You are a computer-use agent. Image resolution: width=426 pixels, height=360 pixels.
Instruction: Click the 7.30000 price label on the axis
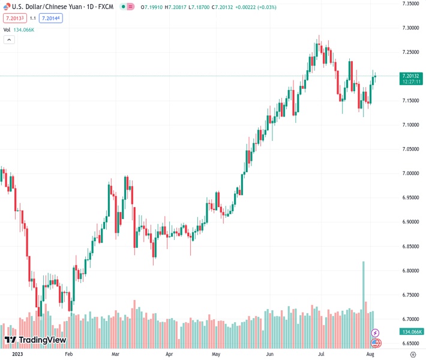pos(410,28)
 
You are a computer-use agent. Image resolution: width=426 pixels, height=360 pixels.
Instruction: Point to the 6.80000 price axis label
pos(410,271)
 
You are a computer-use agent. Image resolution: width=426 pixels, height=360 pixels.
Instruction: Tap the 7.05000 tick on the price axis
pos(410,149)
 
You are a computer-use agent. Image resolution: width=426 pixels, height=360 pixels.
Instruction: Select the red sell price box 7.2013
pos(14,18)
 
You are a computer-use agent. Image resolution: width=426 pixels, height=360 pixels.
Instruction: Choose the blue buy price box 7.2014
pos(51,18)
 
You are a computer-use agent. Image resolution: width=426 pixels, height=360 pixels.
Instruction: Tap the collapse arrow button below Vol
pos(9,40)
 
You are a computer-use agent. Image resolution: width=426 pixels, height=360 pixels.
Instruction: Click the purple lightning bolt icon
pos(376,332)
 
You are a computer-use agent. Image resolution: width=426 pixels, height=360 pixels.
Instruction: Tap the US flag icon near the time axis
pos(376,343)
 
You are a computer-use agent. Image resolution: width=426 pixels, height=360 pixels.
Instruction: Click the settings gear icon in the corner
pos(413,354)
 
